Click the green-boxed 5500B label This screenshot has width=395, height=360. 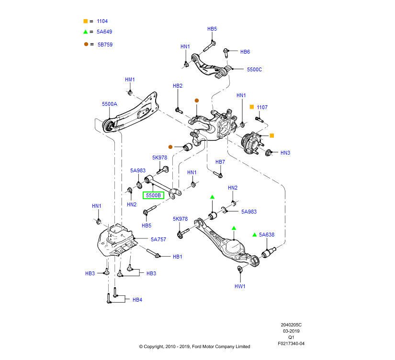[153, 195]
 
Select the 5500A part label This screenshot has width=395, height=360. [109, 104]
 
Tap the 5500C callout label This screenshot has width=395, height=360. [254, 69]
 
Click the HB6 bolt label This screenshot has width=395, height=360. [245, 52]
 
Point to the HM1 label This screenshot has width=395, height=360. [130, 79]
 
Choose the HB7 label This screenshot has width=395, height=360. [220, 162]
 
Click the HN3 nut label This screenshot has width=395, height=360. [285, 153]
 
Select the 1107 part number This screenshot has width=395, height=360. [262, 107]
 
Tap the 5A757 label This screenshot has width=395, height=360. [158, 239]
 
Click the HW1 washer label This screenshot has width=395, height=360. [240, 286]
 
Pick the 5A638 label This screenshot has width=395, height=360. [267, 235]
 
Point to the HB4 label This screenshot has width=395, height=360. [137, 300]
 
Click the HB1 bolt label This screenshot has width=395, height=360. [178, 257]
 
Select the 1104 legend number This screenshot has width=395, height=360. [102, 21]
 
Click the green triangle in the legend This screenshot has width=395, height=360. [85, 32]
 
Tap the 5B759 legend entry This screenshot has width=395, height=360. [105, 44]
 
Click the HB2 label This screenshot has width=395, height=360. [178, 86]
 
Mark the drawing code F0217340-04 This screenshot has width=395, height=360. [291, 343]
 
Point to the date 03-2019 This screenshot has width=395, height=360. [291, 330]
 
